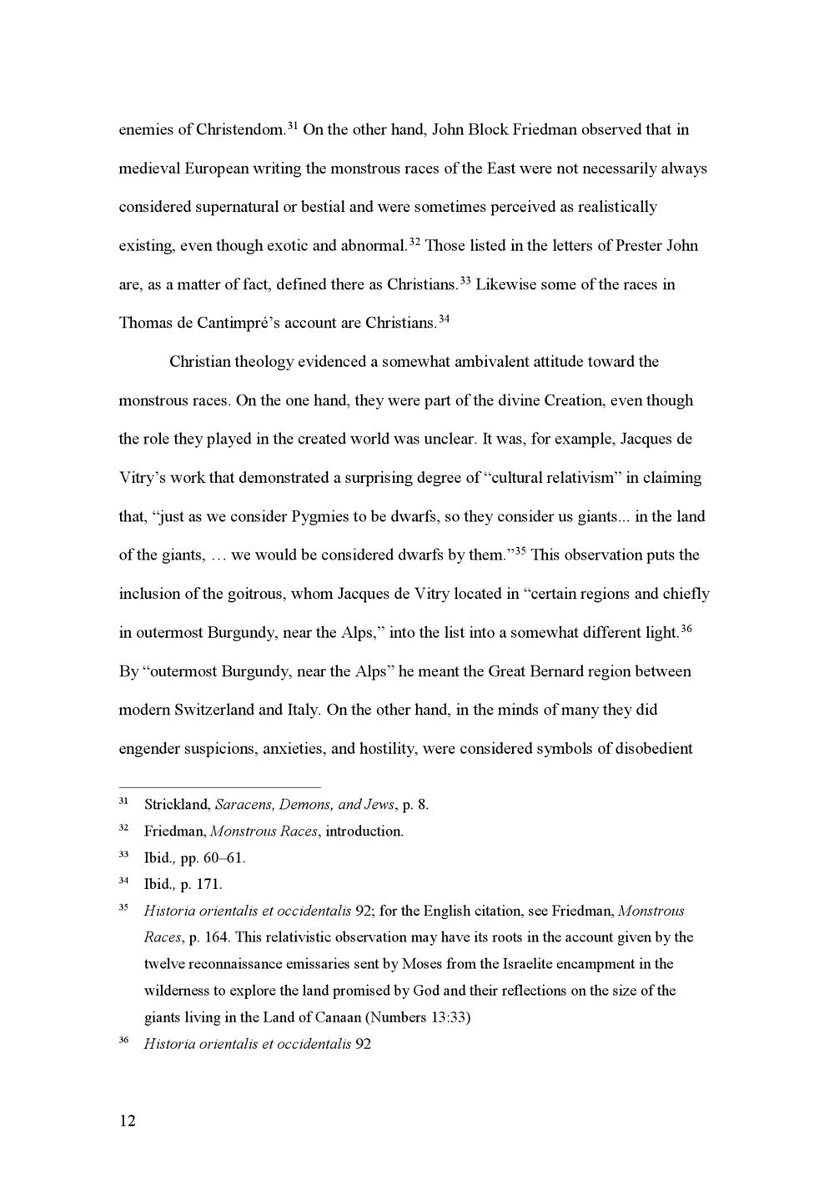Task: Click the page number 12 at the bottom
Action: point(127,1120)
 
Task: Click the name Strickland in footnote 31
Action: point(176,805)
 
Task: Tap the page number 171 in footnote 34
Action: point(208,884)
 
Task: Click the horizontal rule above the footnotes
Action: point(219,786)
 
